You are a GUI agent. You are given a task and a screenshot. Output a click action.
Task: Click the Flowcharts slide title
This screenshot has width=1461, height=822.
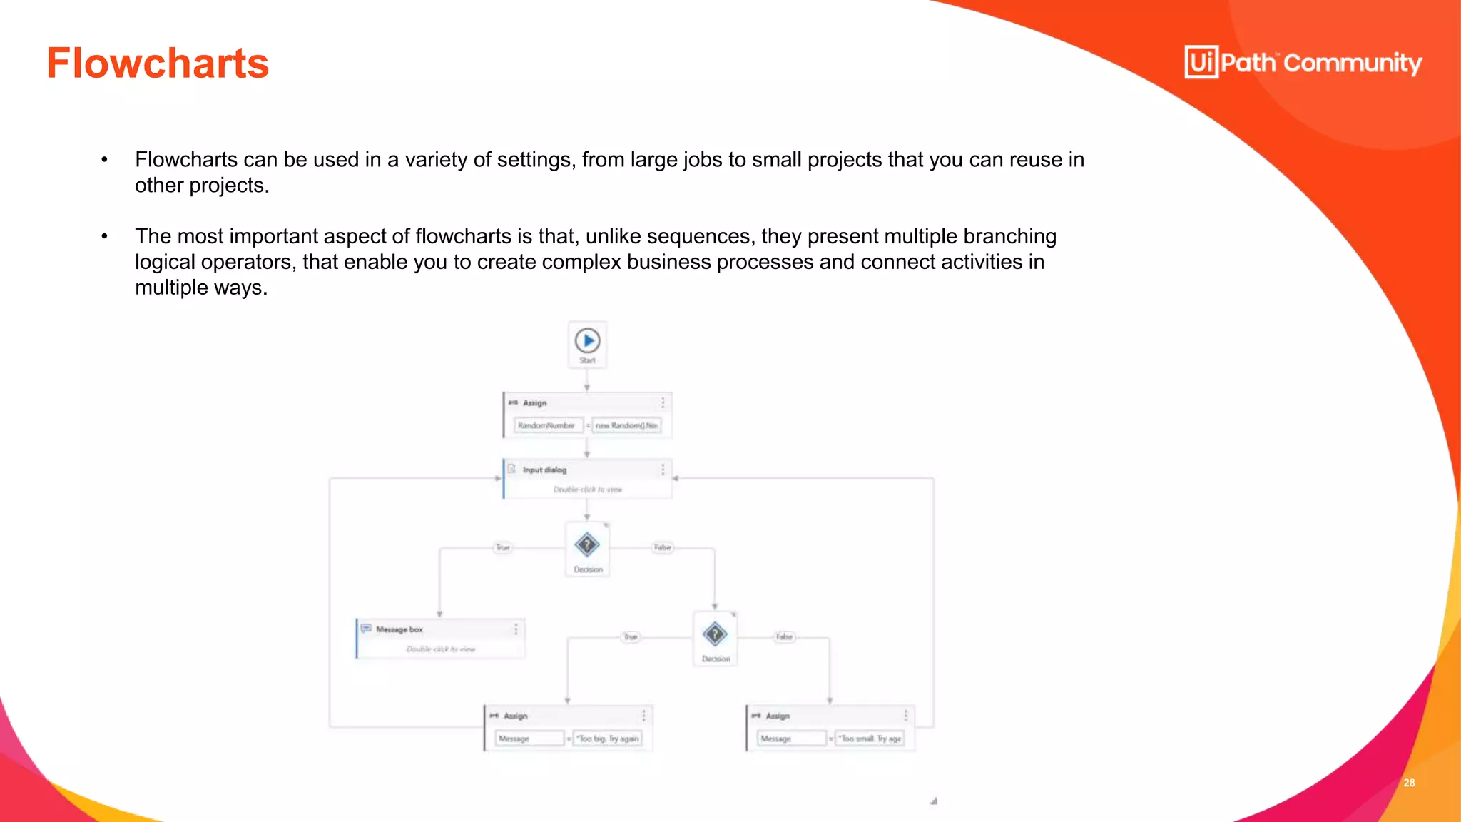pyautogui.click(x=158, y=64)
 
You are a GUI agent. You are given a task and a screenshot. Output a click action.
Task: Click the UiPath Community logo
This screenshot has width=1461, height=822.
pyautogui.click(x=1303, y=63)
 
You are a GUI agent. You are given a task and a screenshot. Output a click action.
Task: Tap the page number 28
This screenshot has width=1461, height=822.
pyautogui.click(x=1409, y=783)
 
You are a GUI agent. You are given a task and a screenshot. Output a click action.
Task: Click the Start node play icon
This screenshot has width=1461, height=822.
pyautogui.click(x=588, y=341)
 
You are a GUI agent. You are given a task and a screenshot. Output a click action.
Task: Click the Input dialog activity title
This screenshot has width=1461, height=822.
pyautogui.click(x=544, y=470)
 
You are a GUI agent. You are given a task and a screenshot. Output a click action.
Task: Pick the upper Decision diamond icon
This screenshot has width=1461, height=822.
pyautogui.click(x=587, y=545)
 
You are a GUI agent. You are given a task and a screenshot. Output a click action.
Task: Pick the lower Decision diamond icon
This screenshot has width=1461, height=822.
pyautogui.click(x=715, y=634)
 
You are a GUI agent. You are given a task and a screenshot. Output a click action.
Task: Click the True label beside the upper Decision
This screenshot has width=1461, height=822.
pyautogui.click(x=503, y=547)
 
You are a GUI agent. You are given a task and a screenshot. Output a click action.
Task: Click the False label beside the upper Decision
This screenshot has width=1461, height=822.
pyautogui.click(x=663, y=547)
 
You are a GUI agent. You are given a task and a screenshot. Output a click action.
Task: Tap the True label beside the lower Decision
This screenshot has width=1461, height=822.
pyautogui.click(x=631, y=636)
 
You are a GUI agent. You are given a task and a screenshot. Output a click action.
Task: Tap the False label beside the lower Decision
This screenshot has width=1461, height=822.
pyautogui.click(x=785, y=636)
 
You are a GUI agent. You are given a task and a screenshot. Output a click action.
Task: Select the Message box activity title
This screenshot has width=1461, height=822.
pyautogui.click(x=399, y=629)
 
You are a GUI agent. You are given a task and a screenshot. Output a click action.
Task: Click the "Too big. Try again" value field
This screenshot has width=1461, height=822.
pyautogui.click(x=608, y=739)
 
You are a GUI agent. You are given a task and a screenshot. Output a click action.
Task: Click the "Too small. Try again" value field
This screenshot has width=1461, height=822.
pyautogui.click(x=870, y=739)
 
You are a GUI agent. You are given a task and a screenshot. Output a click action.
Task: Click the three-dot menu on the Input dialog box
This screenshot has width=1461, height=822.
pyautogui.click(x=663, y=469)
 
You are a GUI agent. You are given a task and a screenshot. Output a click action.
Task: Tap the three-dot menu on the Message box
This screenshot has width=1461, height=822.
pyautogui.click(x=516, y=629)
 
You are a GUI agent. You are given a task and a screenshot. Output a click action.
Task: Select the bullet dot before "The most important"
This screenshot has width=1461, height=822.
pyautogui.click(x=105, y=236)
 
